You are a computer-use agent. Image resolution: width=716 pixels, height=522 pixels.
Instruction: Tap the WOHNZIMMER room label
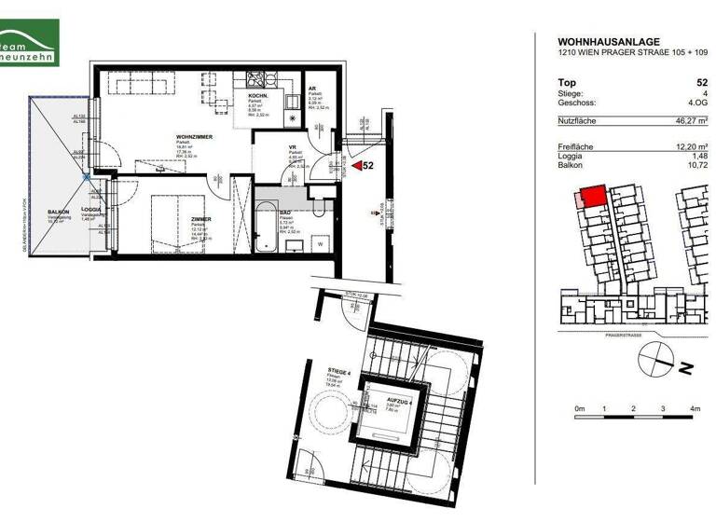(195, 137)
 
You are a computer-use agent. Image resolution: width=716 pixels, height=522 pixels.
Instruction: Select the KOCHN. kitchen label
(258, 97)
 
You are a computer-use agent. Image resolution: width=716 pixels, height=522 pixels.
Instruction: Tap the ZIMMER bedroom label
(201, 219)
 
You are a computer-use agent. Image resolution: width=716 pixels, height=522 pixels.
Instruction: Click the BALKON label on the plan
(59, 213)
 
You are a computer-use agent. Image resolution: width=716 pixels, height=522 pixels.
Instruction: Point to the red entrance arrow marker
(355, 165)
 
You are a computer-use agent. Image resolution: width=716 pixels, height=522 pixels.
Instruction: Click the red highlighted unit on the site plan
(590, 197)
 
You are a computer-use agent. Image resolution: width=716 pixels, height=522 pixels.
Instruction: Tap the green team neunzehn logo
(29, 44)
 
